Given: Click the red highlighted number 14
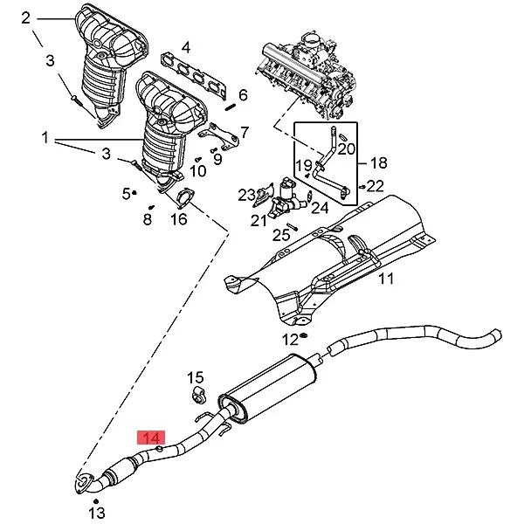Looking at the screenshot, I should click(151, 437).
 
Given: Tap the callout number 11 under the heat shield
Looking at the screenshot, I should click(386, 279).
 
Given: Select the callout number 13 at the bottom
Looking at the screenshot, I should click(96, 512).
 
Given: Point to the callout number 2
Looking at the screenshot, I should click(25, 17).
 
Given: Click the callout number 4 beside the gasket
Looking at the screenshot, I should click(186, 47).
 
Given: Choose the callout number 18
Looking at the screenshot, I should click(378, 162).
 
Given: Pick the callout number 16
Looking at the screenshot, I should click(178, 219).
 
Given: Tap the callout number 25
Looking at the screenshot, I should click(280, 234).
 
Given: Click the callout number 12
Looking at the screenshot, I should click(289, 339).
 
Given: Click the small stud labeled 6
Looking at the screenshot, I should click(232, 107).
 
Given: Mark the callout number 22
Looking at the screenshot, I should click(375, 185).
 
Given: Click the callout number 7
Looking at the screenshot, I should click(245, 133).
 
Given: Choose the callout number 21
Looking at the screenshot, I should click(259, 220).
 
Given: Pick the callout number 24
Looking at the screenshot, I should click(320, 208).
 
